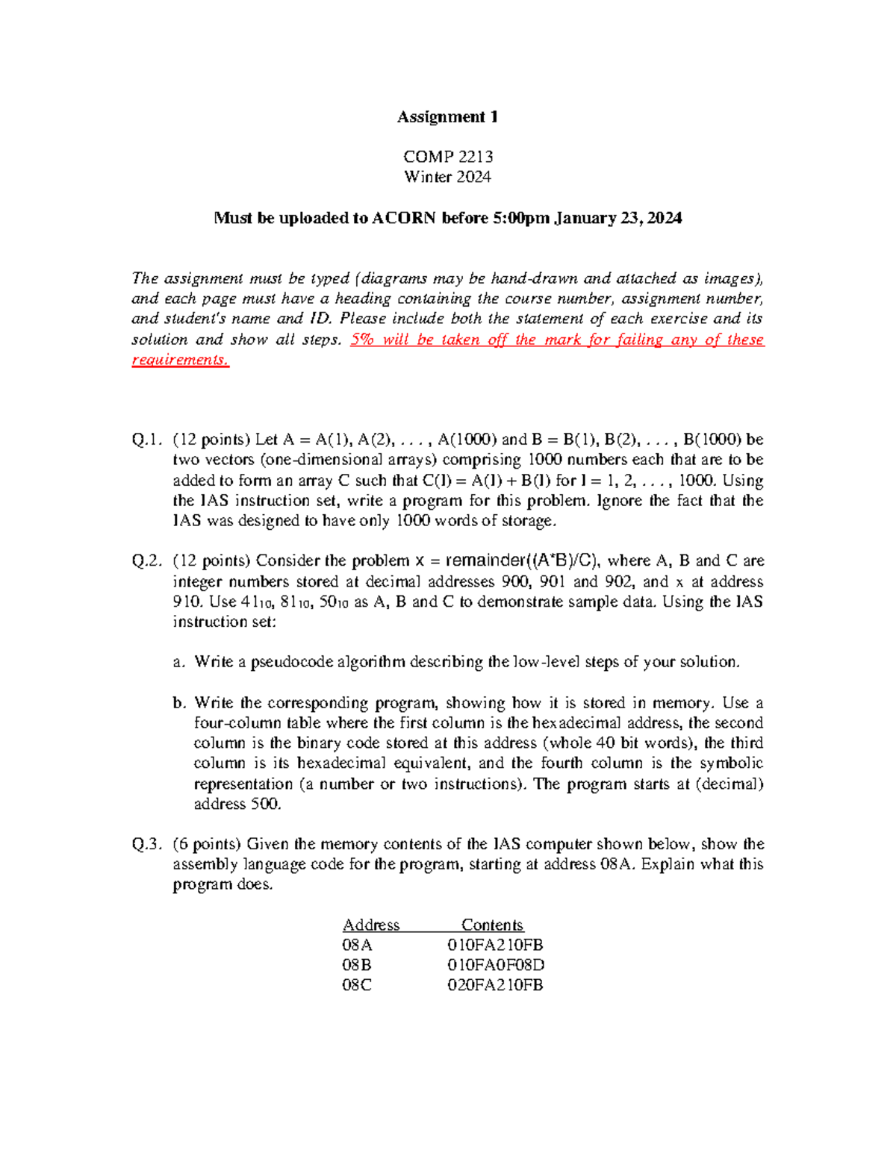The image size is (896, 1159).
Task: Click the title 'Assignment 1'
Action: [x=447, y=116]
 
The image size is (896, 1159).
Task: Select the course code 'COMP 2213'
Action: [x=447, y=157]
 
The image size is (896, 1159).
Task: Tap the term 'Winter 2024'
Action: [x=447, y=177]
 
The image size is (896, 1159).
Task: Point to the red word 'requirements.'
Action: [x=180, y=360]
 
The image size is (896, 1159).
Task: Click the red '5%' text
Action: [x=363, y=340]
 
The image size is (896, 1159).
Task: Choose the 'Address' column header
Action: [x=371, y=925]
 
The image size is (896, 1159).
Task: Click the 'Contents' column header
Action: [x=492, y=925]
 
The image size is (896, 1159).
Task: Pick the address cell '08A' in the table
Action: [x=357, y=945]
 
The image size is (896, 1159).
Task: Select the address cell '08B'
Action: [x=356, y=965]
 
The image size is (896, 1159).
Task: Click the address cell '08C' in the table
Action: [x=356, y=985]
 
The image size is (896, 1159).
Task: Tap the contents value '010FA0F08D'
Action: [x=496, y=965]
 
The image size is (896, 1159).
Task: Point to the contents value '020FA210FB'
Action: [x=495, y=985]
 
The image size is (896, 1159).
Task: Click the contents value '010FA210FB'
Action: [x=495, y=945]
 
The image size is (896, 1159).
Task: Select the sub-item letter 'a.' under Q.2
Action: [x=178, y=662]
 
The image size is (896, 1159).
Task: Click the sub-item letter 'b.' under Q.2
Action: [x=178, y=703]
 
